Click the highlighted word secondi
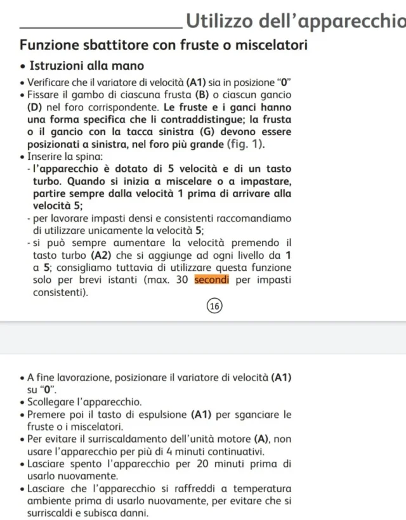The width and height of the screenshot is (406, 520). pos(212,280)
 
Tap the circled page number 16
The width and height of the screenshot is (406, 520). pos(215,306)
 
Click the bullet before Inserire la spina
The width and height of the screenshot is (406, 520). pos(23,157)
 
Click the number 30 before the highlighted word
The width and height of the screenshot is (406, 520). pos(183,280)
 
